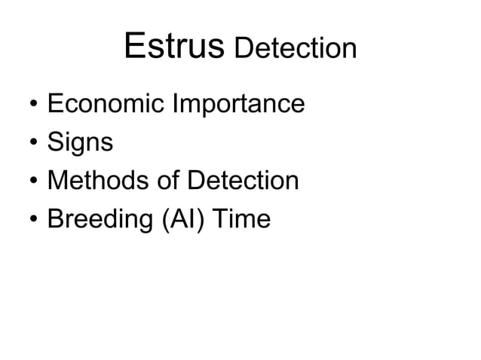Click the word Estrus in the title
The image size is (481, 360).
[x=174, y=47]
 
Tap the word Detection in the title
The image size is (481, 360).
[x=295, y=49]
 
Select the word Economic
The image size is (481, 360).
[x=106, y=103]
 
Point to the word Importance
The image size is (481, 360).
[x=239, y=105]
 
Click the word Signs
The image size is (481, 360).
[x=80, y=142]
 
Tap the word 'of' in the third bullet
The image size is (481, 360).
[x=165, y=181]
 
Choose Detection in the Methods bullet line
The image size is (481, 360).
[x=243, y=181]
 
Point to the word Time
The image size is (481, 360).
[x=240, y=220]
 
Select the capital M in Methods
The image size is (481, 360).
[x=57, y=181]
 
